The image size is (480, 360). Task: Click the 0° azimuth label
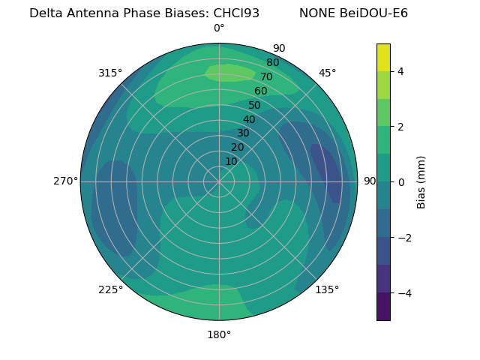(219, 28)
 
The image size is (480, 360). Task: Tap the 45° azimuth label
(327, 73)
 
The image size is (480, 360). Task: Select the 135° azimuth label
(327, 289)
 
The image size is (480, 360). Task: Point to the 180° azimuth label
(219, 334)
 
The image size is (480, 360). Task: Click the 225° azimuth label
(110, 289)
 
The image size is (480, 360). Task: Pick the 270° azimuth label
(65, 181)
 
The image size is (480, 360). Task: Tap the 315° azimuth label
(110, 73)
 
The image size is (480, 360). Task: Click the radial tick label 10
(231, 161)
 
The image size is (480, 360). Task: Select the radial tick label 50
(254, 105)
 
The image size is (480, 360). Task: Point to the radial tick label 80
(272, 63)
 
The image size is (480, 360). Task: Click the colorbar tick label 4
(400, 71)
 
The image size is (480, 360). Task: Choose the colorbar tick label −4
(403, 293)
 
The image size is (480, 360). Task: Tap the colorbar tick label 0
(400, 182)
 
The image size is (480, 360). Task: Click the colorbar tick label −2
(403, 238)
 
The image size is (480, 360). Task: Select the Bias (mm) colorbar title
(421, 182)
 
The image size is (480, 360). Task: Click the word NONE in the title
(315, 13)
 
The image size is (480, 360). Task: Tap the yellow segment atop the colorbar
(383, 57)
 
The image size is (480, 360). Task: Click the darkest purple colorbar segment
(383, 307)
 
